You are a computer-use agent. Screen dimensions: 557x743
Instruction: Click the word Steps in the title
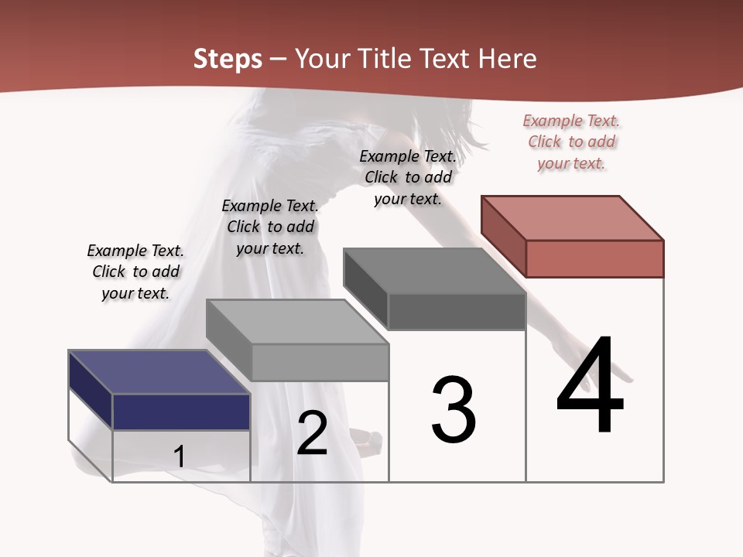(228, 59)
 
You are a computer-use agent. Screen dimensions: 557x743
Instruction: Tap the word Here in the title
(508, 59)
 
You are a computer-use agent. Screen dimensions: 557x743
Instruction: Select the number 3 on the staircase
(454, 410)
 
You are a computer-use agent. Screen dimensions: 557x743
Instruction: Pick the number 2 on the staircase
(312, 433)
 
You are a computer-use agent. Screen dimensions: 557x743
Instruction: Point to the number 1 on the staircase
(179, 456)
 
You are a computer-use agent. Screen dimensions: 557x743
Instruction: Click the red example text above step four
(572, 142)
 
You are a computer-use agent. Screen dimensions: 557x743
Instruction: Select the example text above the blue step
(135, 272)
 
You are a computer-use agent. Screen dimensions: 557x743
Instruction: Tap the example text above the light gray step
(270, 227)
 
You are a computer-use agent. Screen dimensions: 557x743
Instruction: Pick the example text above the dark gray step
(408, 177)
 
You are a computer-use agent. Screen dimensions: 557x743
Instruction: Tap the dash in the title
(278, 59)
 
